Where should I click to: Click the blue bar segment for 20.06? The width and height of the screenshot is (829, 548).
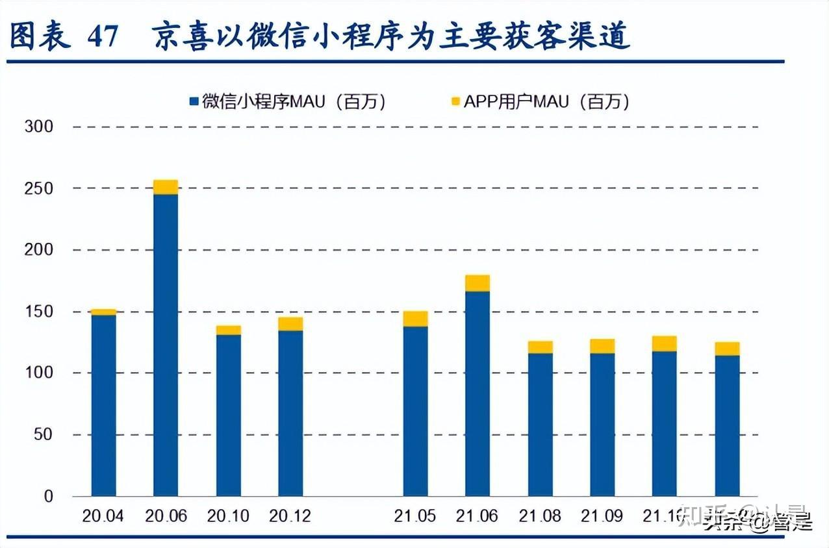166,344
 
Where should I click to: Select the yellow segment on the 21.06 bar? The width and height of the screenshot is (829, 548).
478,283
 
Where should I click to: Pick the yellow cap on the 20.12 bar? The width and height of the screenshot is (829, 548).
290,323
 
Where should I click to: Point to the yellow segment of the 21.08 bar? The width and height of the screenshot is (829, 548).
540,347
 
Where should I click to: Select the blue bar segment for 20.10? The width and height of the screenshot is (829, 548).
228,416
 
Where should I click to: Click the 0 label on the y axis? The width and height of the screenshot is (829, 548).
48,497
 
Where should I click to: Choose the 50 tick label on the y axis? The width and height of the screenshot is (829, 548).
42,434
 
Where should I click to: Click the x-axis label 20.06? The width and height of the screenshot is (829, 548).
166,516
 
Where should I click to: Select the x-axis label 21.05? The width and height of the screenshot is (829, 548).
415,516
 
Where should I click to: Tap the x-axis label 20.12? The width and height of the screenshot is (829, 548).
290,516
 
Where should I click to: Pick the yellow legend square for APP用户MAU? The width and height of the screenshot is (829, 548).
455,101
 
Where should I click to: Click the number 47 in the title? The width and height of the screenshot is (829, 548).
103,37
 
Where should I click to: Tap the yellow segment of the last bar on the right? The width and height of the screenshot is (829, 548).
727,349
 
